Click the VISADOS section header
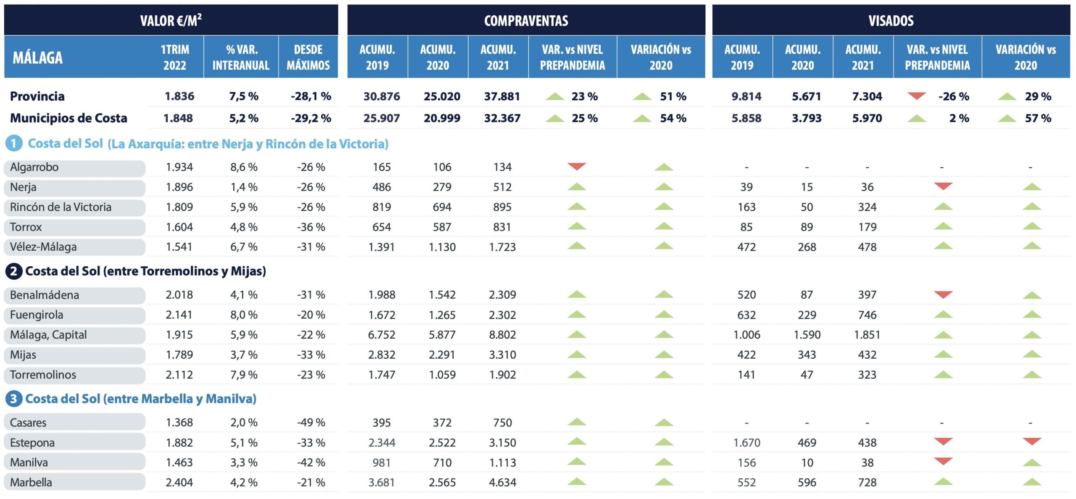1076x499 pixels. pos(891,20)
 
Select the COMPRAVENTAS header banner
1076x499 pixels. pos(526,20)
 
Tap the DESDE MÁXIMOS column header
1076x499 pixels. pos(308,57)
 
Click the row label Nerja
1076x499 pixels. pos(23,187)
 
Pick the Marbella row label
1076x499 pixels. pos(31,482)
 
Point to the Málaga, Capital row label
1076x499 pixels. pos(48,335)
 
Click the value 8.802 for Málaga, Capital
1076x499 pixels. pos(502,335)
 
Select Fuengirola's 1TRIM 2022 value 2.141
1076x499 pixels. pos(179,315)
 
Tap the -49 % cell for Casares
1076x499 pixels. pos(311,423)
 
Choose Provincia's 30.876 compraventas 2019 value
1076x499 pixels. pos(382,96)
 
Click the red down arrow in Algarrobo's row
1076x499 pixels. pos(577,166)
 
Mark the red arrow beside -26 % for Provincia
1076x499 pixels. pos(917,96)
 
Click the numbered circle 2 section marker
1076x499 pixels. pos(13,271)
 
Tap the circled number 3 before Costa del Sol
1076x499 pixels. pos(13,399)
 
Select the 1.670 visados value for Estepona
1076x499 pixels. pos(746,443)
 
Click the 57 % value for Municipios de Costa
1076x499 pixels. pos(1038,118)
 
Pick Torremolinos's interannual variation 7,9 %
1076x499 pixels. pos(244,375)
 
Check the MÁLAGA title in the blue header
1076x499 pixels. pos(37,57)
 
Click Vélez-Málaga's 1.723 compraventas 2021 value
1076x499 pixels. pos(502,247)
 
